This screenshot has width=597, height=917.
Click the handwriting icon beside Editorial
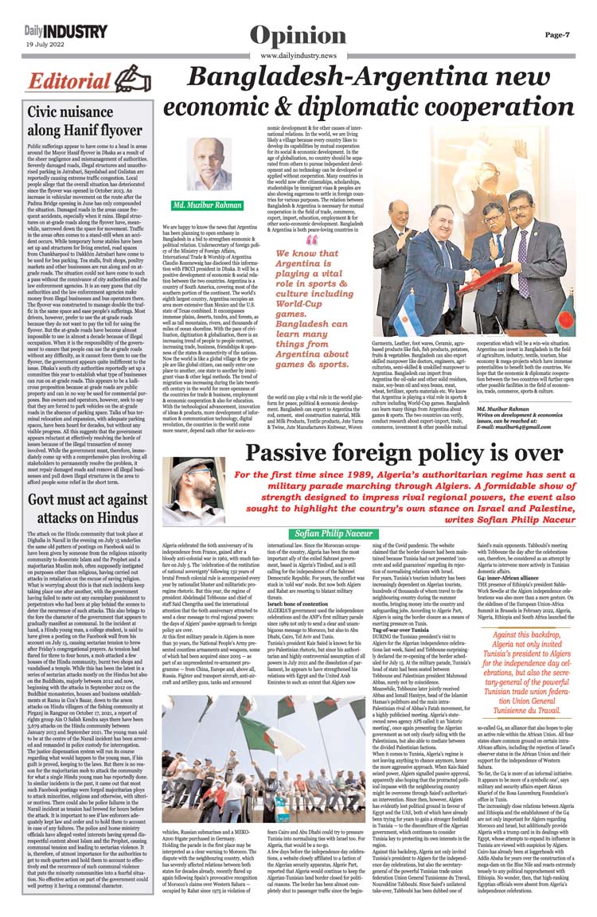(132, 80)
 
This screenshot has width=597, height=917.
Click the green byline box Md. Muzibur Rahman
(209, 205)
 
